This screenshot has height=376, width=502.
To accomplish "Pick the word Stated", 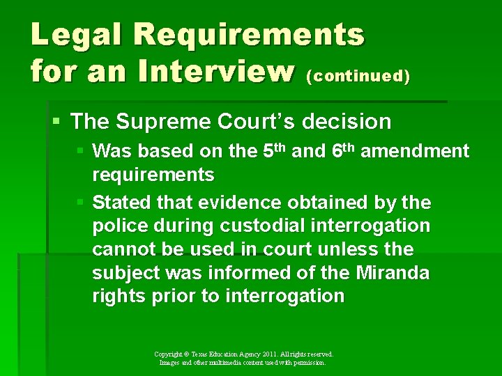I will click(x=120, y=203).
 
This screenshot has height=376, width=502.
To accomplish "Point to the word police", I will click(x=119, y=226).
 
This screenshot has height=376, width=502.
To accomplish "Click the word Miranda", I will click(x=393, y=273).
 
